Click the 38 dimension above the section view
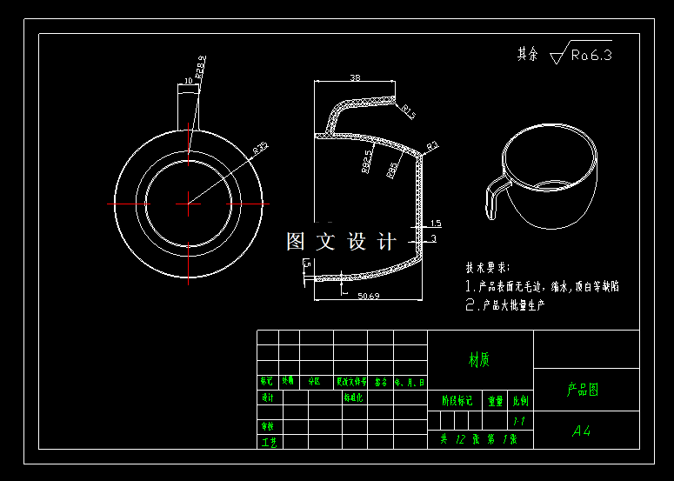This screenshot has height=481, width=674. point(355,77)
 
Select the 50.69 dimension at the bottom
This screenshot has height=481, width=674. point(368,297)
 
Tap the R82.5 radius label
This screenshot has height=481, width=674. point(367,161)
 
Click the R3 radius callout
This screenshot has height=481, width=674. point(432,144)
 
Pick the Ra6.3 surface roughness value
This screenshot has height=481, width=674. point(592,55)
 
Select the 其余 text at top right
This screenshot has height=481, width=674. point(528,54)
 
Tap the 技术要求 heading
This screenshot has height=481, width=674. point(488,267)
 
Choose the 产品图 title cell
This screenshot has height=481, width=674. point(583,390)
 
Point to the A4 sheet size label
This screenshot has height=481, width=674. point(581,431)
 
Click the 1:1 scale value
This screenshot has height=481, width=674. point(519,421)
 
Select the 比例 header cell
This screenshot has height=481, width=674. point(520,401)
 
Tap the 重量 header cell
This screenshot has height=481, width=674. point(496,401)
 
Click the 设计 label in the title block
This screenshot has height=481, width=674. point(268,397)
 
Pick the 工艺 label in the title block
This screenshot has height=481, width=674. point(268,442)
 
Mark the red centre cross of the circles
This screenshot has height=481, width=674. point(189,204)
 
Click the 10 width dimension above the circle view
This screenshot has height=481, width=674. point(188,82)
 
